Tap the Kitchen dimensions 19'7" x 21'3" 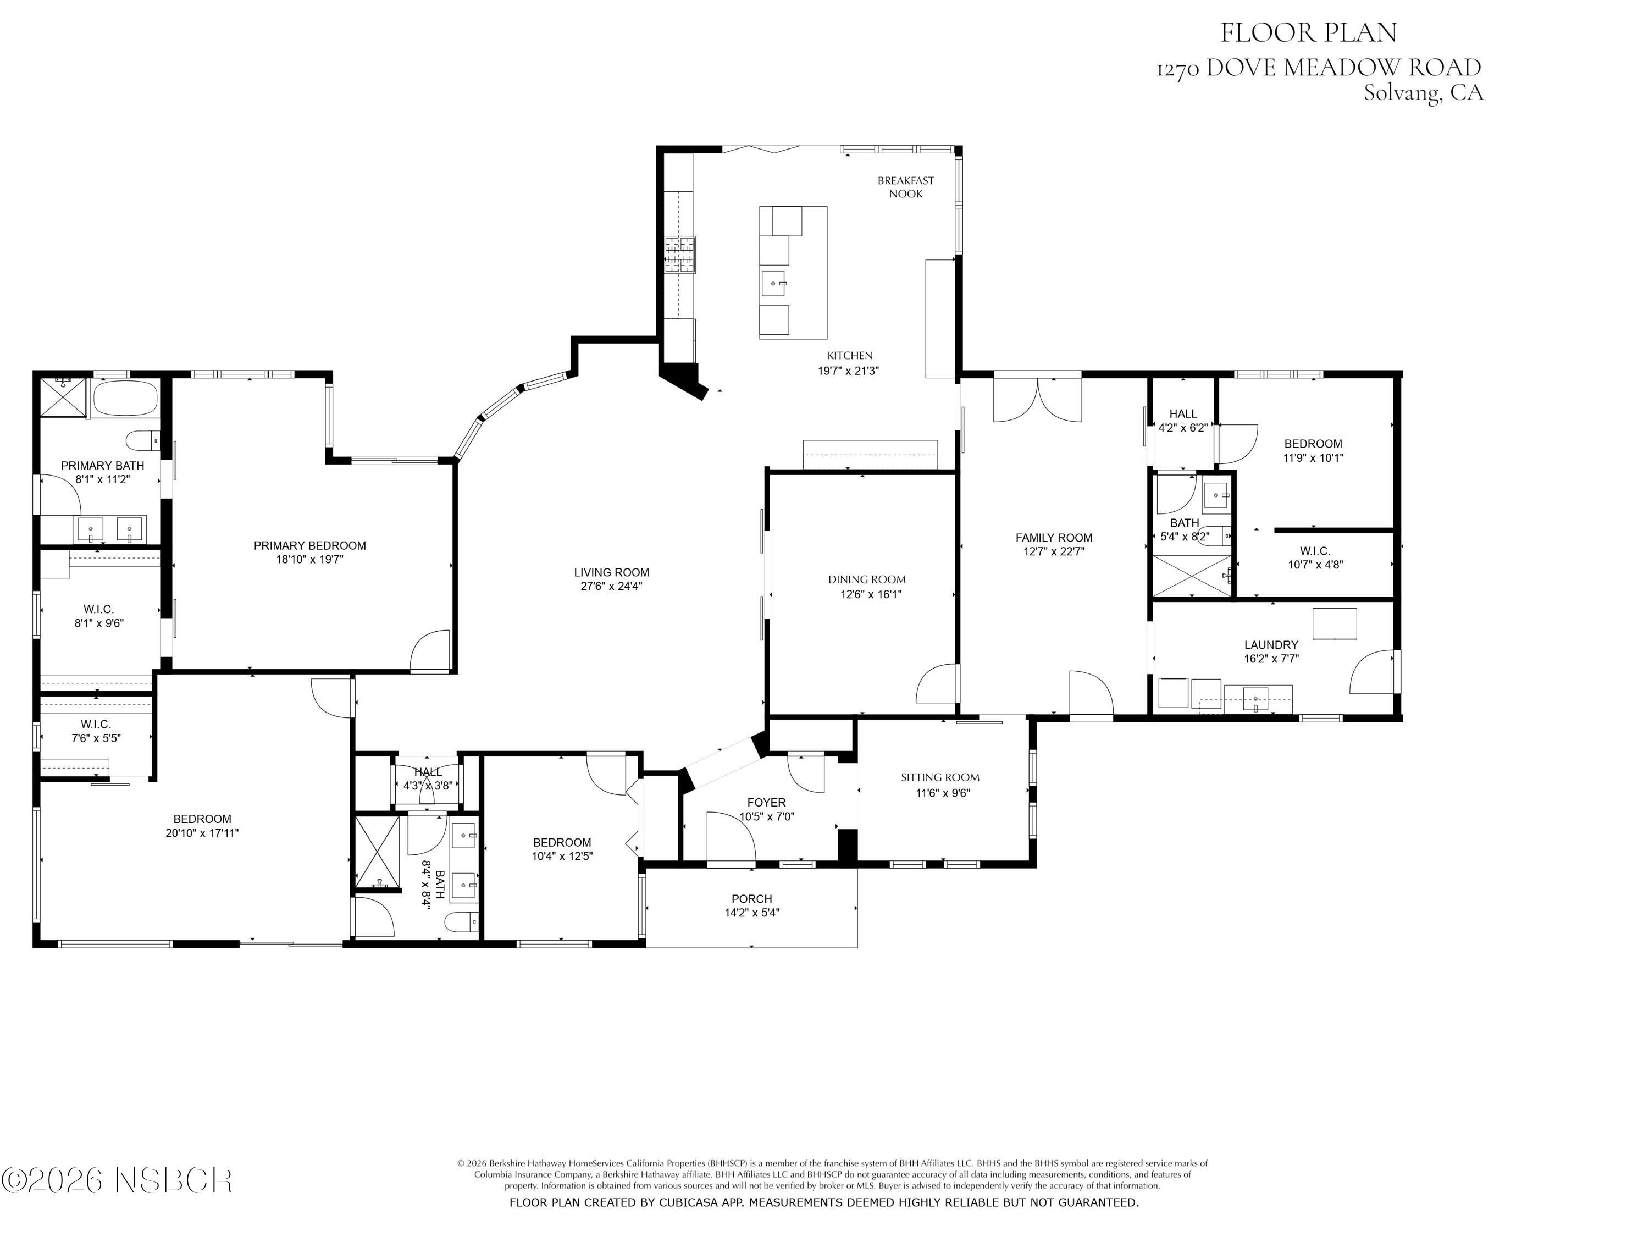pyautogui.click(x=848, y=371)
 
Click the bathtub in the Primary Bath pyautogui.click(x=125, y=399)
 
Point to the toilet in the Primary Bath pyautogui.click(x=142, y=441)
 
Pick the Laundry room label pyautogui.click(x=1271, y=645)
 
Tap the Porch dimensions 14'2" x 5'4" pyautogui.click(x=751, y=913)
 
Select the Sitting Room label pyautogui.click(x=940, y=777)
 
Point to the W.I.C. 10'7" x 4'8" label pyautogui.click(x=1315, y=557)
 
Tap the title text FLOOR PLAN pyautogui.click(x=1308, y=33)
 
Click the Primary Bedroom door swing pyautogui.click(x=431, y=650)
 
